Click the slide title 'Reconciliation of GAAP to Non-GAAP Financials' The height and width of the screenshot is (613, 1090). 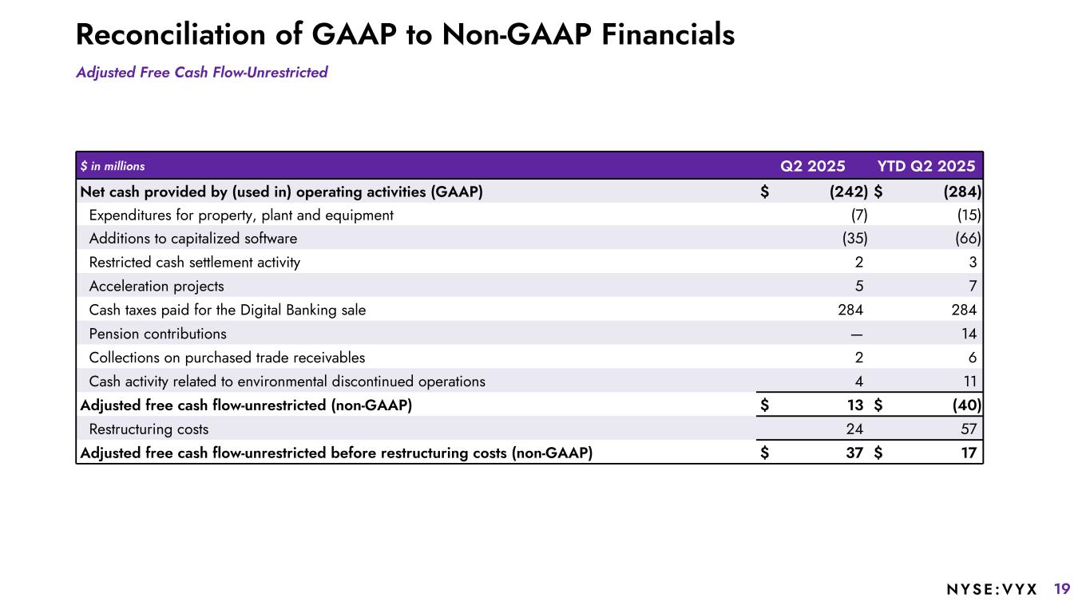pyautogui.click(x=405, y=34)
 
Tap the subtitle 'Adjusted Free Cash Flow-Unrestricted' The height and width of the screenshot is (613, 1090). pyautogui.click(x=202, y=73)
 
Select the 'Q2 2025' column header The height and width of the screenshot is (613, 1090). pyautogui.click(x=812, y=166)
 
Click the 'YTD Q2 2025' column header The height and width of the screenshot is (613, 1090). pyautogui.click(x=926, y=166)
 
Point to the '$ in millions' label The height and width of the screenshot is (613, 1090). pyautogui.click(x=113, y=167)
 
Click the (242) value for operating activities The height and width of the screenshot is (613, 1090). pyautogui.click(x=848, y=192)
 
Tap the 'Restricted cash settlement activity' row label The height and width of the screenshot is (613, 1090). pyautogui.click(x=195, y=263)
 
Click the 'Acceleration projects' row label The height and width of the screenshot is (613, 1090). pyautogui.click(x=157, y=286)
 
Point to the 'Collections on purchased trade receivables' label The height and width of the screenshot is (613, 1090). pyautogui.click(x=227, y=358)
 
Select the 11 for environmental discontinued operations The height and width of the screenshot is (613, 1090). pyautogui.click(x=969, y=382)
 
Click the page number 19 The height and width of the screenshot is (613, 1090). pyautogui.click(x=1062, y=590)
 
